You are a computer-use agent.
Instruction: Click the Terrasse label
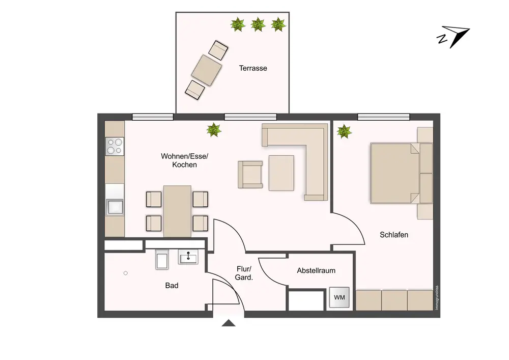coord(253,68)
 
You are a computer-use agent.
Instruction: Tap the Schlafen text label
coord(394,235)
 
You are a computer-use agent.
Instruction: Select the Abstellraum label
coord(316,270)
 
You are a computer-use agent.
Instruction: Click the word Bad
coord(172,285)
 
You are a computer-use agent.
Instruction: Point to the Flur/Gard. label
coord(244,273)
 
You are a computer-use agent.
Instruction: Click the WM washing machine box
coord(339,297)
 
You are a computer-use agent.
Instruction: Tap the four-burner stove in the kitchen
coord(115,146)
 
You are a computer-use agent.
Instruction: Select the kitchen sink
coord(115,207)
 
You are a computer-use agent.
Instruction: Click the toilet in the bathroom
coord(162,259)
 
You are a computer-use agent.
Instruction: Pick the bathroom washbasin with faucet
coord(188,257)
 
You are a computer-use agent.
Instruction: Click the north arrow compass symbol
coord(453,36)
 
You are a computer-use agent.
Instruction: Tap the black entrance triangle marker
coord(229,323)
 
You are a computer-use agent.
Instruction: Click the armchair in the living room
coord(250,175)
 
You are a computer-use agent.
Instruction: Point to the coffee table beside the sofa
coord(281,173)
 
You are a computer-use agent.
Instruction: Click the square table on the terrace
coord(207,70)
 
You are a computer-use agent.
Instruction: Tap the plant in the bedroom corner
coord(344,131)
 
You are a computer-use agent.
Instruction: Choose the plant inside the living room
coord(214,130)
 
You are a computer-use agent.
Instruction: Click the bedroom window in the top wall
coord(384,117)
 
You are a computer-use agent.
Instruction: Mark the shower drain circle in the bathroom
coord(126,273)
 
